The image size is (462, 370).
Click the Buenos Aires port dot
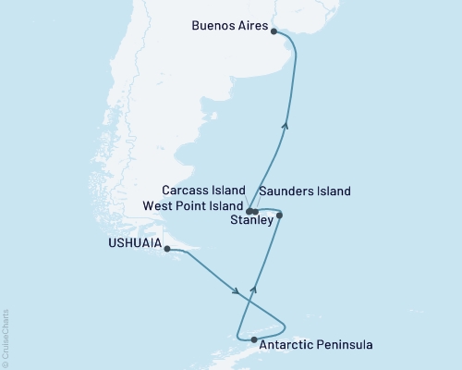(274, 30)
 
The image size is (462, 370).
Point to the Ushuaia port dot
(167, 248)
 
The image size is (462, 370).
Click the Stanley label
(251, 221)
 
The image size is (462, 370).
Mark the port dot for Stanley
(279, 216)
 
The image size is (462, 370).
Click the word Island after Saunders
(334, 191)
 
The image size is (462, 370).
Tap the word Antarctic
(286, 345)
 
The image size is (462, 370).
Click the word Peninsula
(344, 345)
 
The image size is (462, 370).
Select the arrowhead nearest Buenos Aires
(286, 127)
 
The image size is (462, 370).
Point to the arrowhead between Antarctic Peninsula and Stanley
(255, 290)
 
